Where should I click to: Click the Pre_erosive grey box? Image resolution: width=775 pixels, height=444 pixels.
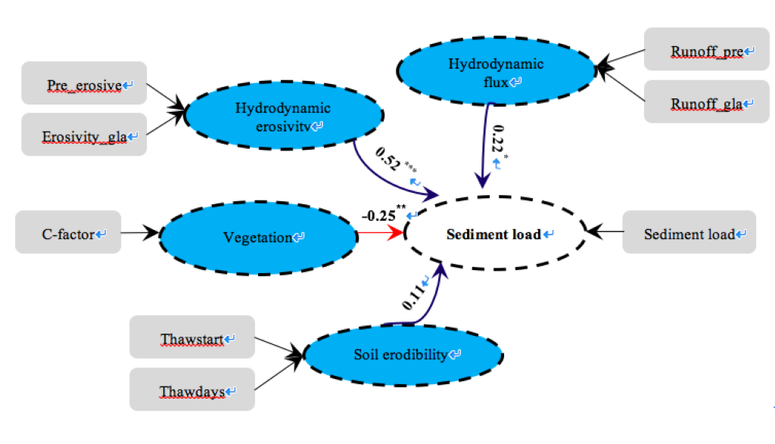[x=84, y=85]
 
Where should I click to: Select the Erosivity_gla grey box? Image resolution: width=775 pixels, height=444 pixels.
[x=84, y=135]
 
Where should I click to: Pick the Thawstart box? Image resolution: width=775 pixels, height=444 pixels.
[x=192, y=337]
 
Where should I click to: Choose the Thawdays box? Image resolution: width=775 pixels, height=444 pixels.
[x=192, y=390]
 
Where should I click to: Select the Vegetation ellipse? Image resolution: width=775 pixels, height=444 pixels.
[x=257, y=237]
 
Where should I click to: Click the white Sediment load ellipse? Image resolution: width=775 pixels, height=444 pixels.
[x=496, y=234]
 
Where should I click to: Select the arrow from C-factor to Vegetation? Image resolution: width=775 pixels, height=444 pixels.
[x=140, y=233]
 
